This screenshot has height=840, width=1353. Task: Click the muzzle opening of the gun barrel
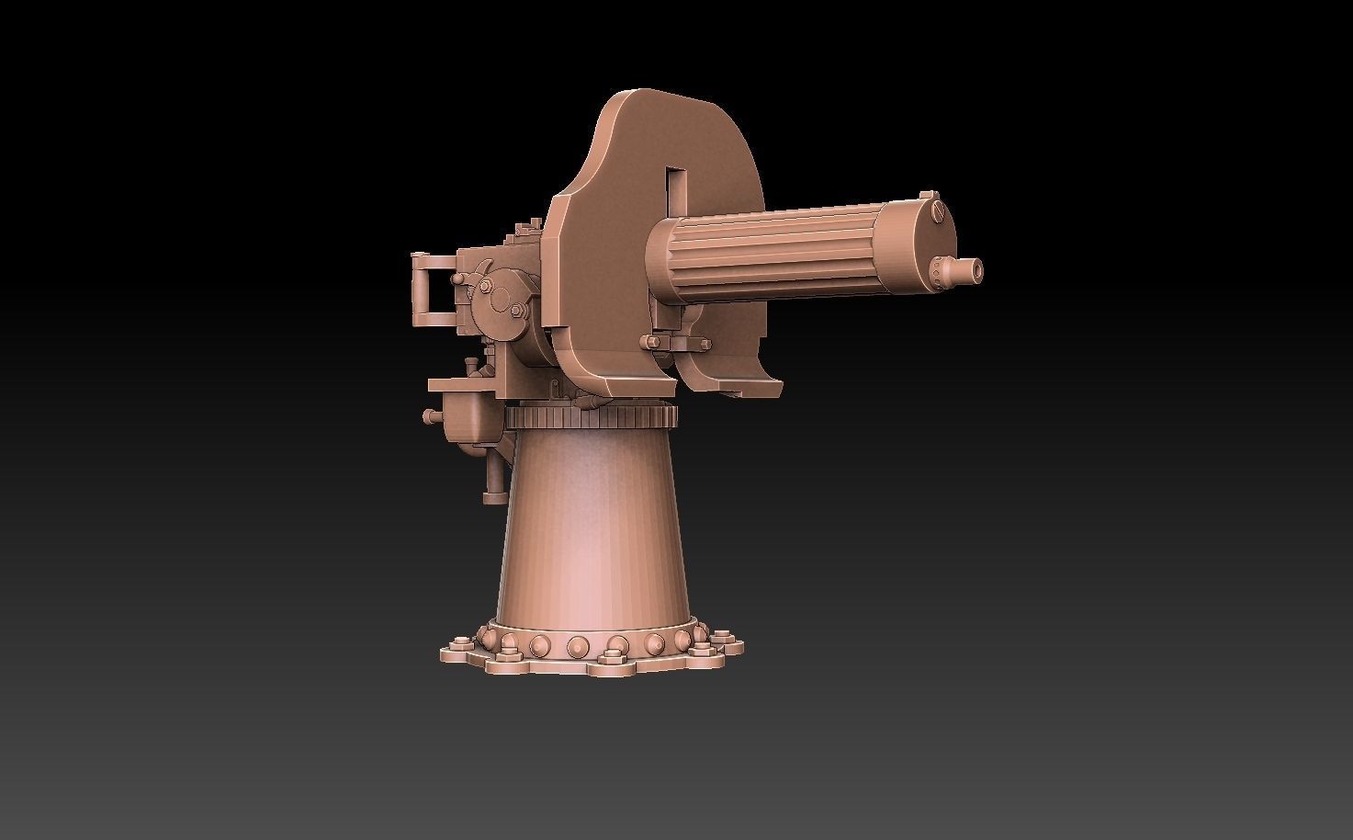pyautogui.click(x=977, y=270)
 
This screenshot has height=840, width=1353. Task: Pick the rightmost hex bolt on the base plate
pyautogui.click(x=723, y=636)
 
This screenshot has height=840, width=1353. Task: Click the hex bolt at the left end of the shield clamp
pyautogui.click(x=651, y=343)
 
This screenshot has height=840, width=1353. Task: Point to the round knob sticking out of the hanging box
pyautogui.click(x=428, y=416)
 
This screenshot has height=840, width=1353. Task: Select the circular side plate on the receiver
pyautogui.click(x=502, y=299)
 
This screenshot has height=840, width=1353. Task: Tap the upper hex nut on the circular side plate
pyautogui.click(x=484, y=287)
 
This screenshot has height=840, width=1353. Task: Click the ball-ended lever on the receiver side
pyautogui.click(x=457, y=278)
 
